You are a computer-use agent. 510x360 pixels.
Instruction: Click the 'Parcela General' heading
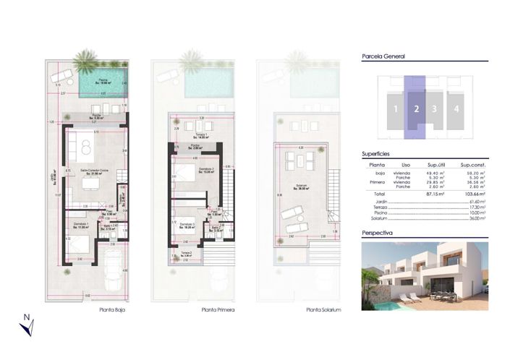[x=383, y=56]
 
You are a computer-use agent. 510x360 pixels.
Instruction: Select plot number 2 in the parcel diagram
[x=416, y=110]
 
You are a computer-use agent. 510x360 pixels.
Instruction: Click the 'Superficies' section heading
[x=376, y=154]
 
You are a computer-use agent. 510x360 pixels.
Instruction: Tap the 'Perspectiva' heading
[x=377, y=233]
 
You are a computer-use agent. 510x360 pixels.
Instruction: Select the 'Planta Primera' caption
[x=218, y=309]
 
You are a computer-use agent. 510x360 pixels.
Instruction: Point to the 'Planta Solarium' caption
[x=323, y=309]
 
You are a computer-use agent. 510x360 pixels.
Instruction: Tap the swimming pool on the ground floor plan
[x=102, y=85]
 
